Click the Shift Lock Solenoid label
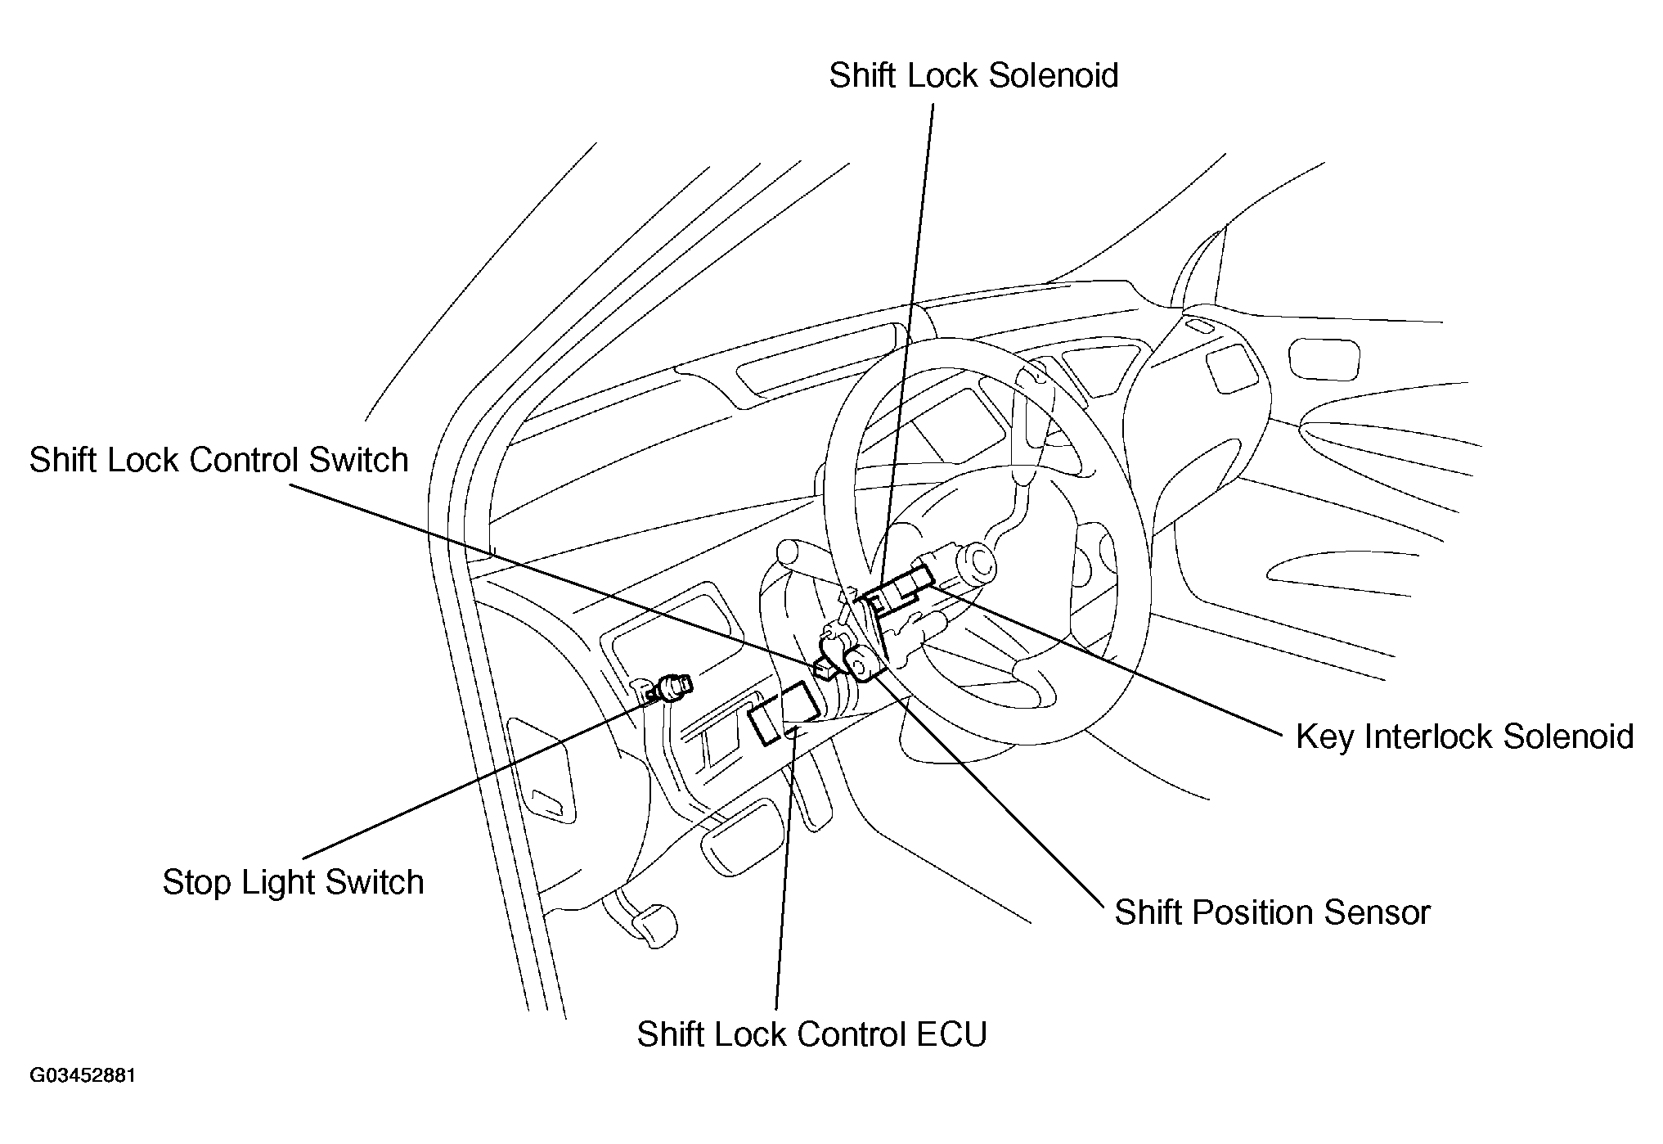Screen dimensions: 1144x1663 973,75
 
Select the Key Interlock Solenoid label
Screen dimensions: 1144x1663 1464,736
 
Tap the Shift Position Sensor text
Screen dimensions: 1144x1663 1272,912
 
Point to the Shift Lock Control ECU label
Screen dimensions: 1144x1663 811,1034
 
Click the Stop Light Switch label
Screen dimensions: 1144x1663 293,882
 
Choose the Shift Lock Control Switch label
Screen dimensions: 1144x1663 218,460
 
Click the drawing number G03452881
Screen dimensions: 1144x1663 83,1075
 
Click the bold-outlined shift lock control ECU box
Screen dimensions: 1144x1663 783,714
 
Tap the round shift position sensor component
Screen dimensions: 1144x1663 864,662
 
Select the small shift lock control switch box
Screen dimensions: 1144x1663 825,669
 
